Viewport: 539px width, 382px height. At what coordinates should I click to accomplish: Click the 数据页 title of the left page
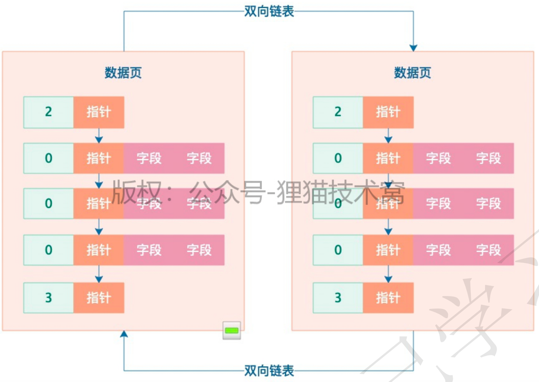tap(123, 72)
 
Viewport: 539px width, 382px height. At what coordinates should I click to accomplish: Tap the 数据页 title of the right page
tap(412, 72)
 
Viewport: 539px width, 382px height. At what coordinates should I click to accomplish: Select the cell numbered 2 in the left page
tap(48, 112)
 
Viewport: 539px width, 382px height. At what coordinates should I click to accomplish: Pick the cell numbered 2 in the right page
tap(338, 112)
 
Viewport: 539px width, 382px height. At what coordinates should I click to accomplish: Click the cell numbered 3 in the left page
tap(48, 298)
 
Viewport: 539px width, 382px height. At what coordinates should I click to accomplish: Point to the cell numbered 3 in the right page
tap(338, 298)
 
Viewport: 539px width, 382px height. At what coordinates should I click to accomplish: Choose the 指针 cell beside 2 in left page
tap(99, 112)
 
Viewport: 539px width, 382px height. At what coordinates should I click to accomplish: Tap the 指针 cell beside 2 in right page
tap(388, 112)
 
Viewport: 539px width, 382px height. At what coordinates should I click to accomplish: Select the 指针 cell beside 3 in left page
tap(99, 298)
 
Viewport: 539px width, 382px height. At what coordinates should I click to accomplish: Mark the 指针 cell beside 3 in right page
tap(388, 298)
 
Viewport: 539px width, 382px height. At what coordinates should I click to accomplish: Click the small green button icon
tap(232, 331)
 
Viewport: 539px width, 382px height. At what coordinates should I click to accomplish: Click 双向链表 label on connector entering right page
tap(269, 11)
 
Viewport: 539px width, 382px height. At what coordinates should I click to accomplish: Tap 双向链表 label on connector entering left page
tap(269, 371)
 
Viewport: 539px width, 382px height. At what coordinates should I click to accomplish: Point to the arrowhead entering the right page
tap(413, 48)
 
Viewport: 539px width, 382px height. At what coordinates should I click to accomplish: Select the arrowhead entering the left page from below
tap(124, 334)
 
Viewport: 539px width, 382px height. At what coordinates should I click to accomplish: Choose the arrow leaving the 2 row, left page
tap(99, 135)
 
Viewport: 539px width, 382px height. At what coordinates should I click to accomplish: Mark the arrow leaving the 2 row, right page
tap(388, 135)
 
